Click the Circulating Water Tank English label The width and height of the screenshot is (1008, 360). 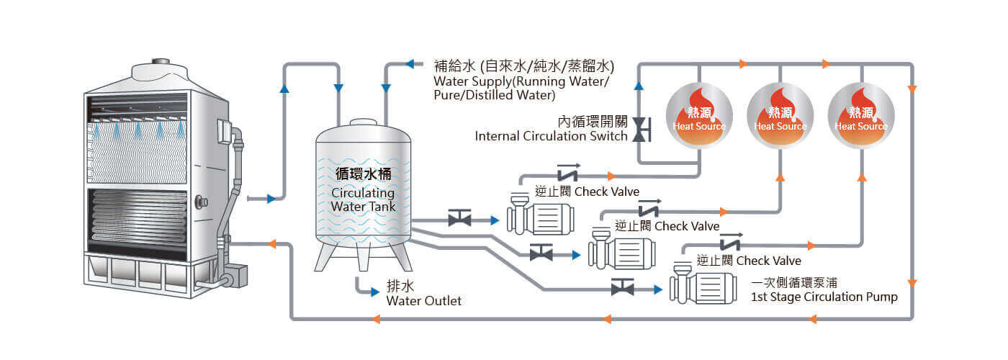pyautogui.click(x=363, y=199)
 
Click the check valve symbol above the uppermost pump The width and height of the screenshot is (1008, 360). pyautogui.click(x=567, y=174)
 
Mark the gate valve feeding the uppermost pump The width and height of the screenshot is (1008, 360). pyautogui.click(x=459, y=219)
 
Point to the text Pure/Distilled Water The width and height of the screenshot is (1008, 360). pyautogui.click(x=494, y=95)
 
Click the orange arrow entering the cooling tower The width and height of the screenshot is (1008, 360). pyautogui.click(x=272, y=244)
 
